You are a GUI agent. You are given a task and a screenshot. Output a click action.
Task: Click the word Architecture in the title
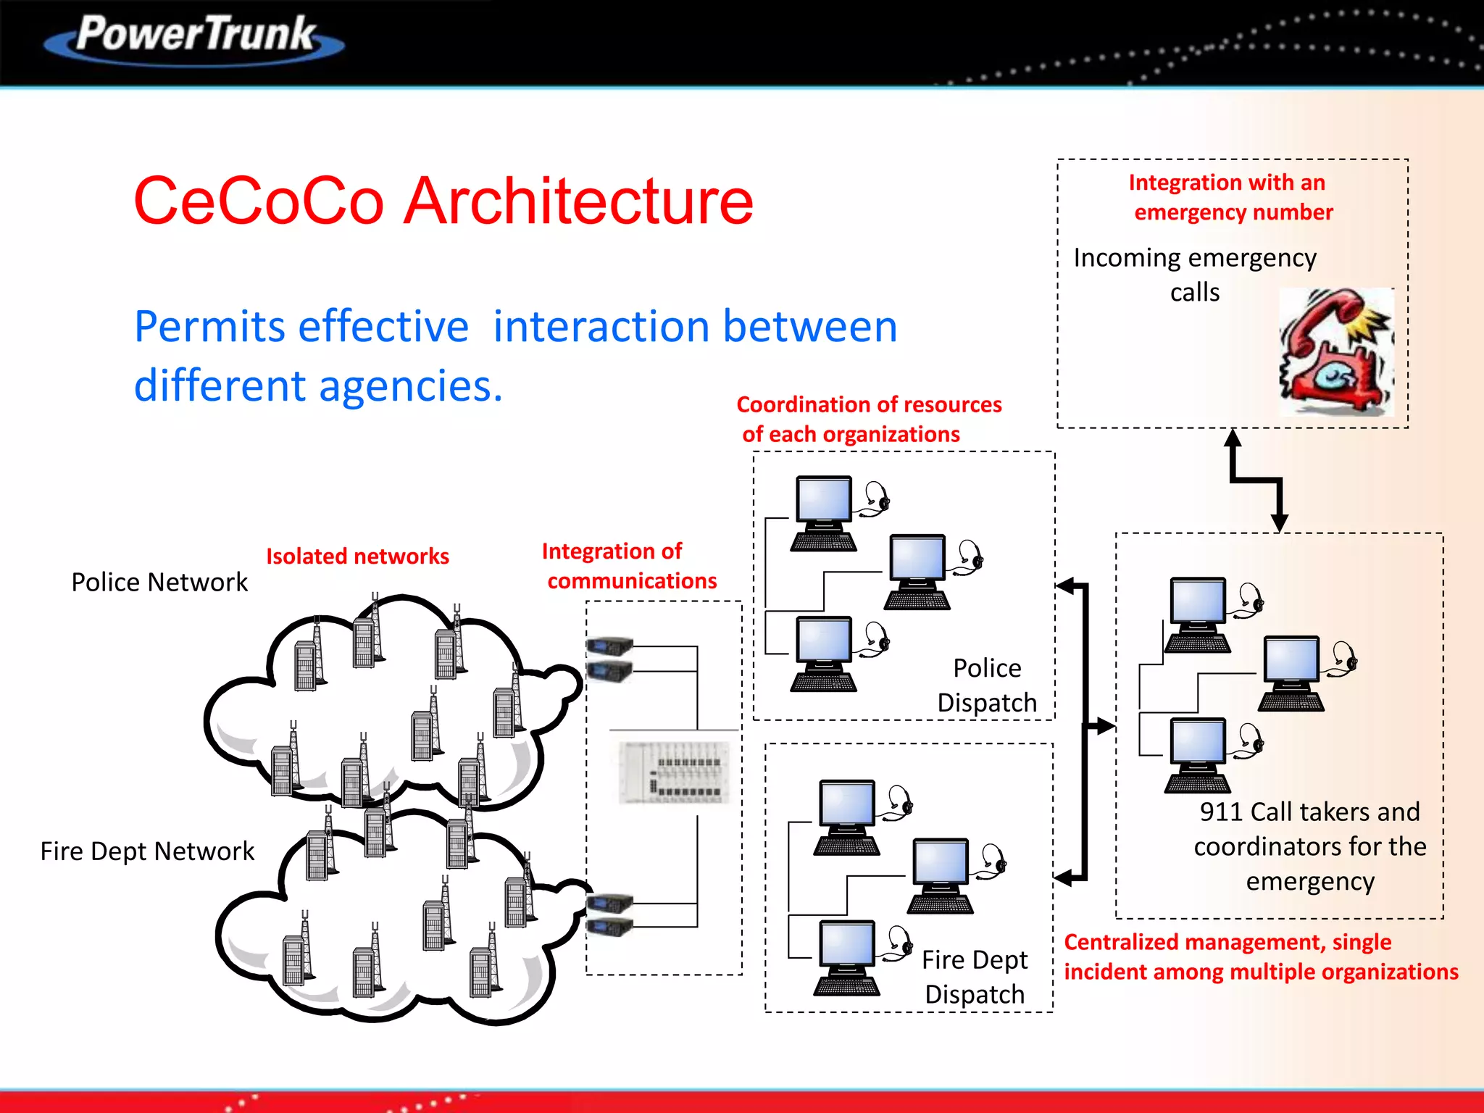(578, 201)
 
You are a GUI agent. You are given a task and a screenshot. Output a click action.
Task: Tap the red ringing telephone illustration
(1336, 351)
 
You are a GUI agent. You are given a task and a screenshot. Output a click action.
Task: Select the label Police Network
(159, 582)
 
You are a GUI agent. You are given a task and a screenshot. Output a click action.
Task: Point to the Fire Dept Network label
(147, 851)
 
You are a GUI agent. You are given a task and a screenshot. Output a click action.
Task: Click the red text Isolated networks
(357, 556)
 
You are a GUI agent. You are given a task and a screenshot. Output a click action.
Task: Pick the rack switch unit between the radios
(675, 772)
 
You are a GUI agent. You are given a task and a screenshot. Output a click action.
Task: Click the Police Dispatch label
(986, 685)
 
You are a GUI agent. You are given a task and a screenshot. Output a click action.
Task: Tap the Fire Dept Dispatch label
(975, 977)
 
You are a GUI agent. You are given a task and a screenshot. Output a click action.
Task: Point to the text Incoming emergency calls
(1194, 275)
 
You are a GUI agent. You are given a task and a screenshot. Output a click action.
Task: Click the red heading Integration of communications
(629, 566)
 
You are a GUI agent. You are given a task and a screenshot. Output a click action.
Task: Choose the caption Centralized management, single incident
(1260, 956)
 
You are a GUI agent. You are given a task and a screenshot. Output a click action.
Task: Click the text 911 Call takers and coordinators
(1309, 846)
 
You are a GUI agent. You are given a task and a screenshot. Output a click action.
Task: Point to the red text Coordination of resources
(869, 419)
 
